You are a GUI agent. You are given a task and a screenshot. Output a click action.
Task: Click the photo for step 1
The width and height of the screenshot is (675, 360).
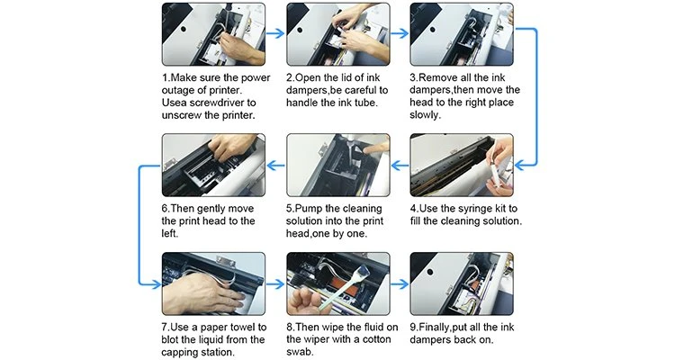213,34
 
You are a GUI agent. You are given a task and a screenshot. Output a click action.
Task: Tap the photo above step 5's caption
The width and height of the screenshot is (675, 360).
337,165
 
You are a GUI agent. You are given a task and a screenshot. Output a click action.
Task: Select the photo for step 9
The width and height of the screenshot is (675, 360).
462,283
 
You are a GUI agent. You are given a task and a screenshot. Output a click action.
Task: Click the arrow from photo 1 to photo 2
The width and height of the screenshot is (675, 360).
275,33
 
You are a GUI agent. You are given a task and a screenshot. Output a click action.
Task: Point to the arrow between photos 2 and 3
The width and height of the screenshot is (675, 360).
400,33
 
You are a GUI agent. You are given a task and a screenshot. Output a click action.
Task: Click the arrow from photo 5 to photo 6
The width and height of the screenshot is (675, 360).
275,165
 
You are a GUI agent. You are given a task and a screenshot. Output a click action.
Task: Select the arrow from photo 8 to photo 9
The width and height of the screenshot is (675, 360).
400,284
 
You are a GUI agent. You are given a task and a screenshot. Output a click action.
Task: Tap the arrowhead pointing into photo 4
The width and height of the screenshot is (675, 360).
520,165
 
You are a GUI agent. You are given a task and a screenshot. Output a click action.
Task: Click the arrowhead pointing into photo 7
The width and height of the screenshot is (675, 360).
156,284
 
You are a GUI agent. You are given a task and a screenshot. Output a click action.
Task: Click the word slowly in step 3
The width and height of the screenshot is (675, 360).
424,115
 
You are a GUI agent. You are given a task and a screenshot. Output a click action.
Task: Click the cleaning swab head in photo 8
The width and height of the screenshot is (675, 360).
361,270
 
